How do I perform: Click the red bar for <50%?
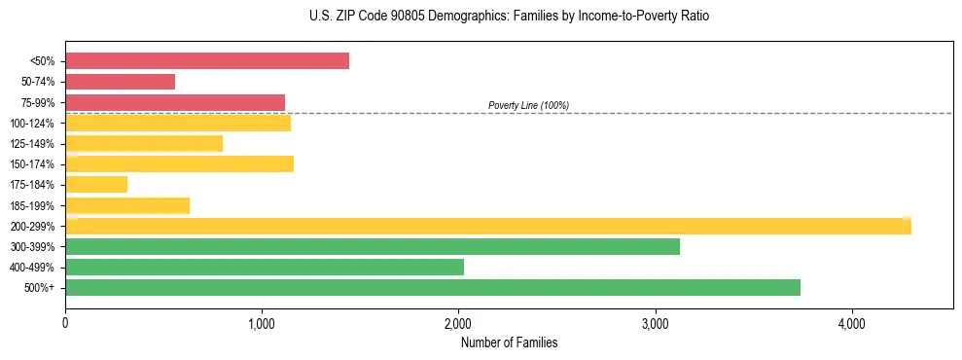point(206,61)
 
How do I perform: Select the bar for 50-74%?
point(120,82)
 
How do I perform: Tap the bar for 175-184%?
point(96,185)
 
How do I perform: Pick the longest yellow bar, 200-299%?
point(487,227)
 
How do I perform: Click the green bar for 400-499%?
point(264,267)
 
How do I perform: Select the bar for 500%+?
point(432,287)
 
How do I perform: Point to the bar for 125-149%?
point(144,144)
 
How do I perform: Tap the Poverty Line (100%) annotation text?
point(528,105)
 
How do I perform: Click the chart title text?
point(481,17)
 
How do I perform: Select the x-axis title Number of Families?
point(509,342)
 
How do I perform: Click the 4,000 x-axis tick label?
point(851,322)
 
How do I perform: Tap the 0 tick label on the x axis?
point(65,322)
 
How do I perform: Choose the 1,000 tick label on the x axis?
point(262,322)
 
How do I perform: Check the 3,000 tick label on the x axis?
point(655,322)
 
